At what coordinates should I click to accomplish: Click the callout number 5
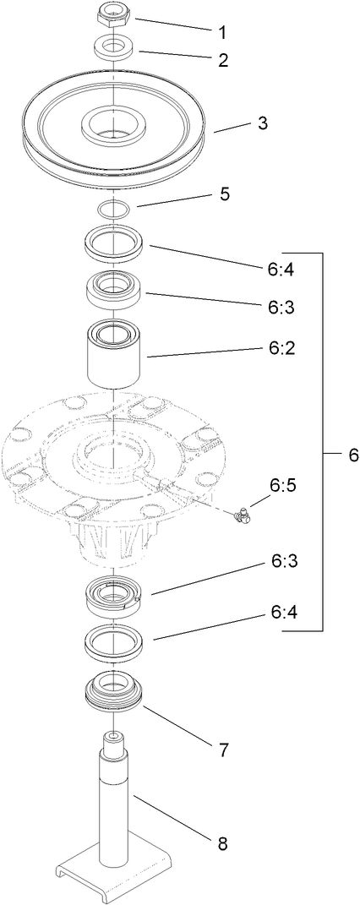pyautogui.click(x=225, y=194)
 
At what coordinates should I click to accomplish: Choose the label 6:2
pyautogui.click(x=284, y=347)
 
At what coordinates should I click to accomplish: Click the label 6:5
pyautogui.click(x=284, y=485)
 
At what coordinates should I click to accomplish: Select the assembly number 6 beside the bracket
pyautogui.click(x=353, y=455)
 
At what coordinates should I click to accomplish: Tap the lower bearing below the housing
pyautogui.click(x=114, y=598)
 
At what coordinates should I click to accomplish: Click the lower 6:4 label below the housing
pyautogui.click(x=284, y=611)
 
